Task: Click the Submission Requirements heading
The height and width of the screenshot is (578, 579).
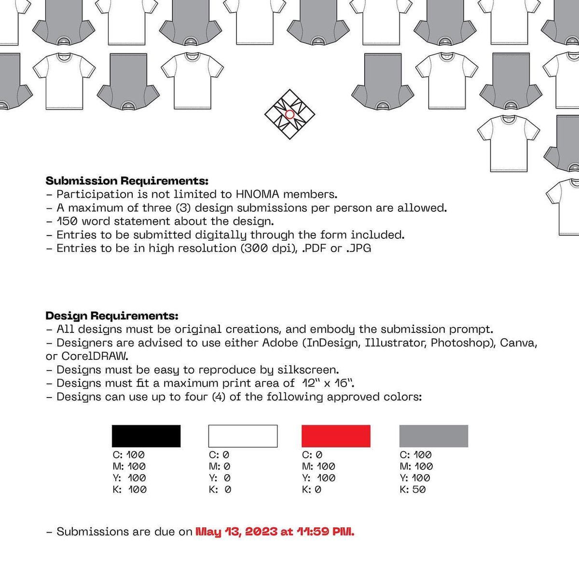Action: click(127, 181)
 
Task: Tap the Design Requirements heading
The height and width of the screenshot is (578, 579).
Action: click(112, 316)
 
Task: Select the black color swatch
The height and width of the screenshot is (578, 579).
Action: click(146, 436)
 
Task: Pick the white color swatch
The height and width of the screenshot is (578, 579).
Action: click(243, 436)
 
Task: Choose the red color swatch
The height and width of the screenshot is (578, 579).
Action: click(336, 436)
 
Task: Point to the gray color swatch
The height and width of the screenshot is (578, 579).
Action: click(434, 436)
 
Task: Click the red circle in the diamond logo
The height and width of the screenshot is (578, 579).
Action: click(289, 114)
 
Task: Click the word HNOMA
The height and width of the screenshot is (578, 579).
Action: click(258, 194)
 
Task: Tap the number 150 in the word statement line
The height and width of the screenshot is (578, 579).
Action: click(67, 221)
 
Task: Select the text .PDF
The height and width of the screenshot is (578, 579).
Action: click(314, 248)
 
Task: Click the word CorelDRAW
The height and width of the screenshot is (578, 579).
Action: click(95, 356)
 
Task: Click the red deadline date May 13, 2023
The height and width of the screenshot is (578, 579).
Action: click(236, 531)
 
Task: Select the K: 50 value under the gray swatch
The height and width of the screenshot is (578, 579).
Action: click(413, 489)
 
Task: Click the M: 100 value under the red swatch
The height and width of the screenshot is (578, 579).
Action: click(318, 466)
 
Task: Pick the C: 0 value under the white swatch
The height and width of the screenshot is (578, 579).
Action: click(219, 455)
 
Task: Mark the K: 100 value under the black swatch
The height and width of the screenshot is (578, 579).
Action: click(129, 489)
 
